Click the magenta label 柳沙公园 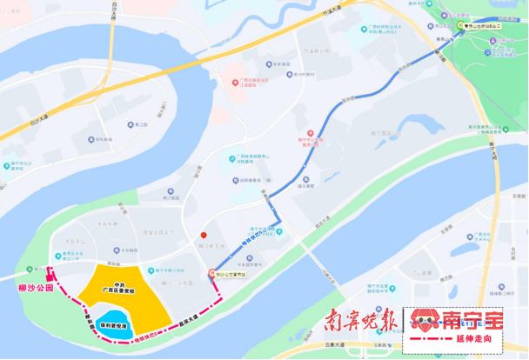click(x=36, y=286)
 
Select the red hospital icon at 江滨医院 click(x=235, y=83)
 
